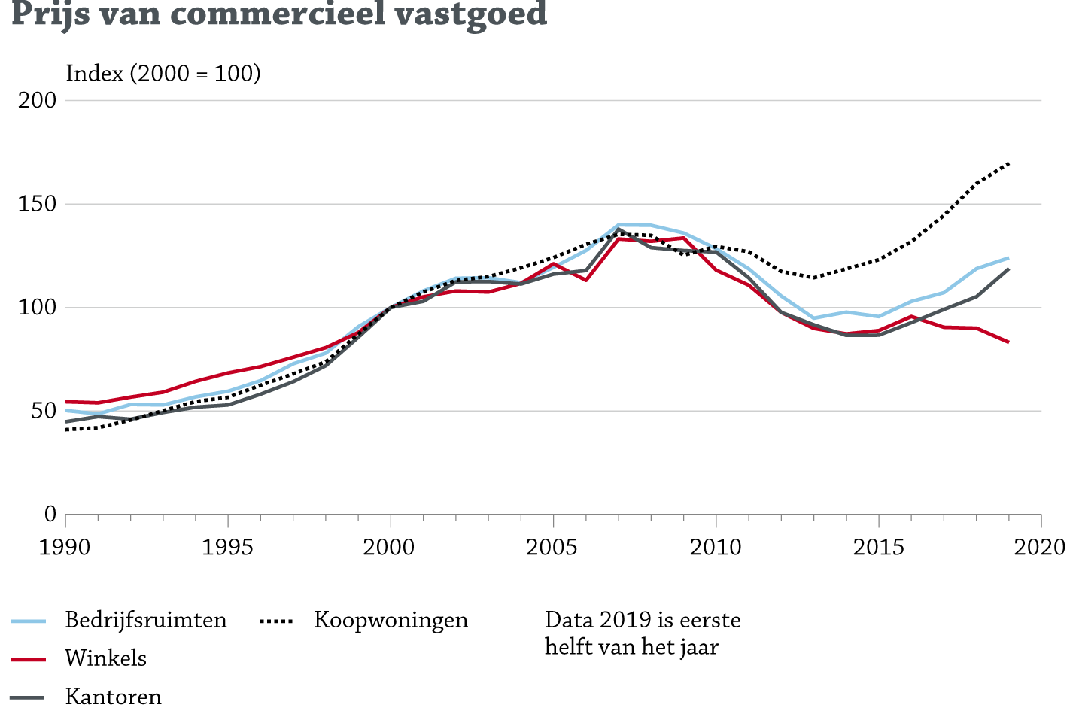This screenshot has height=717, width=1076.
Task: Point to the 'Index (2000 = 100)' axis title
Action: pos(163,73)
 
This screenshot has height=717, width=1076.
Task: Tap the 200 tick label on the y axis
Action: pos(38,100)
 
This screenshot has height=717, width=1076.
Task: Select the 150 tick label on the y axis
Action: pos(38,204)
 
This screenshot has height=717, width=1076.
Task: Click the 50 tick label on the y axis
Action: pos(43,411)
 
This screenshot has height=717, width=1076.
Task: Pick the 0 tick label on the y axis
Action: pos(50,515)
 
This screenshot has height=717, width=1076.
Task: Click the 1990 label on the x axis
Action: pos(65,547)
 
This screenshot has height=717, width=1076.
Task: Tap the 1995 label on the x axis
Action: pos(227,547)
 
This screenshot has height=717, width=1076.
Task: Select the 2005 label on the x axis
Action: pos(552,547)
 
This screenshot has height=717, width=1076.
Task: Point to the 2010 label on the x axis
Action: pos(716,547)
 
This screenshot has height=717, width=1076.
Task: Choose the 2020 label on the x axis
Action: pos(1041,547)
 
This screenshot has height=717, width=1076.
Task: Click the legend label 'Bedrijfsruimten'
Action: pos(146,620)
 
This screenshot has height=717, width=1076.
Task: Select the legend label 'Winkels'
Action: pos(106,658)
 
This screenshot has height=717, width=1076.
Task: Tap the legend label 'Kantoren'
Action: pos(114,697)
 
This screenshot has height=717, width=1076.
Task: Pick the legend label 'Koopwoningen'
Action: pos(391,620)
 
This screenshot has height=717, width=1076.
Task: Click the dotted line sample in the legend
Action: pos(276,621)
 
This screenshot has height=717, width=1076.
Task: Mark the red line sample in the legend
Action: pos(29,660)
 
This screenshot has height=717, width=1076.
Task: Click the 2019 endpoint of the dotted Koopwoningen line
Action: pos(1008,163)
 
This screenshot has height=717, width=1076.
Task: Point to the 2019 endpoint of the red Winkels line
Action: pos(1008,342)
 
